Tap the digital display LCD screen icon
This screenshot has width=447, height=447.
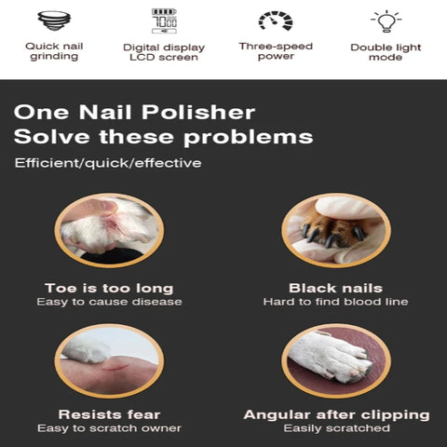click(x=164, y=20)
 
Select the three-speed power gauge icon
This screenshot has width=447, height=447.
click(x=275, y=20)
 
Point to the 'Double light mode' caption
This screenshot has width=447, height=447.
click(x=385, y=51)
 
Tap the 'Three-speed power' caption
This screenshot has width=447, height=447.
click(x=275, y=50)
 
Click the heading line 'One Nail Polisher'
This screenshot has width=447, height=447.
click(x=134, y=113)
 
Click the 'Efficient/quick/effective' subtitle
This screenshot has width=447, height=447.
click(x=108, y=164)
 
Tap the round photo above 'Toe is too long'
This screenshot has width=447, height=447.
click(x=109, y=230)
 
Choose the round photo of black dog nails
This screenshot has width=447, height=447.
click(x=336, y=230)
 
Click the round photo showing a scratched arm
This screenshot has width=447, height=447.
click(x=109, y=360)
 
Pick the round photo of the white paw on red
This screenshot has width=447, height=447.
click(x=336, y=360)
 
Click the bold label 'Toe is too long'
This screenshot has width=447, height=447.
click(x=109, y=288)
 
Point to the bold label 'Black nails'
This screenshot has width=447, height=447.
click(x=336, y=288)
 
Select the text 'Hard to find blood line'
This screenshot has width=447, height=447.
click(x=336, y=302)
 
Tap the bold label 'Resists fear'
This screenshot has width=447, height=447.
click(x=109, y=414)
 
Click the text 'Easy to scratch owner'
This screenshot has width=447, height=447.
click(x=109, y=428)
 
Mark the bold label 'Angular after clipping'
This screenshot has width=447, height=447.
click(x=336, y=414)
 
